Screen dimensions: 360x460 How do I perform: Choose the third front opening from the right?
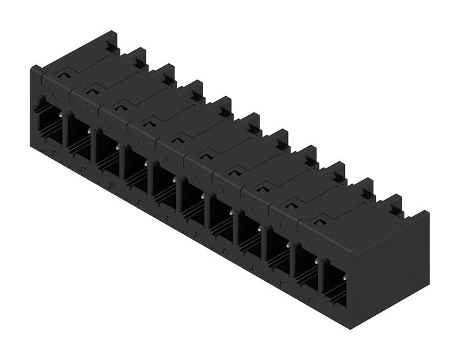point(278,253)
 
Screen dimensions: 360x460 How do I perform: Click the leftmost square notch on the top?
point(62,74)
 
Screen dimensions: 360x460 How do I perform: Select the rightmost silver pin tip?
point(345,276)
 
